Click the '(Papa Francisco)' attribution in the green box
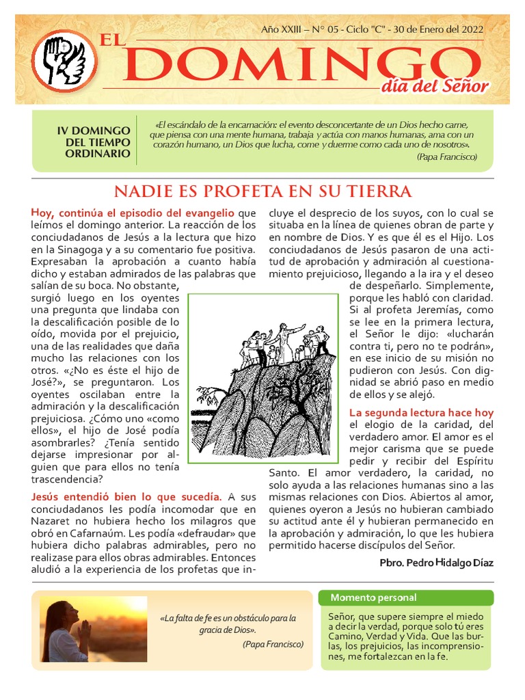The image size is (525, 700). point(446,157)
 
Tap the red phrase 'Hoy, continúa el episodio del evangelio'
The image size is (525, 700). point(133,213)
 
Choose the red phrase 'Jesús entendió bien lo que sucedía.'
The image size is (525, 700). point(126,496)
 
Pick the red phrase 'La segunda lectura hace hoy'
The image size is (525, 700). point(421,413)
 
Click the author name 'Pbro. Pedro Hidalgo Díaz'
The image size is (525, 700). point(435,563)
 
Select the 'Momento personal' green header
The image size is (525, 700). point(364,598)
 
